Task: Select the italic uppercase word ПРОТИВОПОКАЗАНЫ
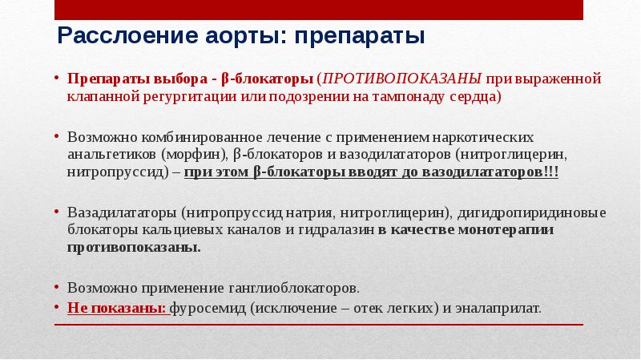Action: tap(402, 78)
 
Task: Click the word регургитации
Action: tap(190, 97)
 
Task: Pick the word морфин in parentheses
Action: tap(194, 155)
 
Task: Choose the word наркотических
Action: tap(483, 137)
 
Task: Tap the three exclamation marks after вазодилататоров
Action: tap(550, 172)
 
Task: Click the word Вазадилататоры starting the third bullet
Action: tap(122, 213)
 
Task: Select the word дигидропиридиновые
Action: tap(531, 213)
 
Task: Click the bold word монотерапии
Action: tap(506, 230)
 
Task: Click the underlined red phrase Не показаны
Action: tap(118, 308)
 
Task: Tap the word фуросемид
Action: tap(208, 308)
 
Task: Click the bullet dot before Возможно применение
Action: tap(56, 288)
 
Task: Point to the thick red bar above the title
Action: tap(319, 10)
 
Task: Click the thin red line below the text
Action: tap(319, 325)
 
